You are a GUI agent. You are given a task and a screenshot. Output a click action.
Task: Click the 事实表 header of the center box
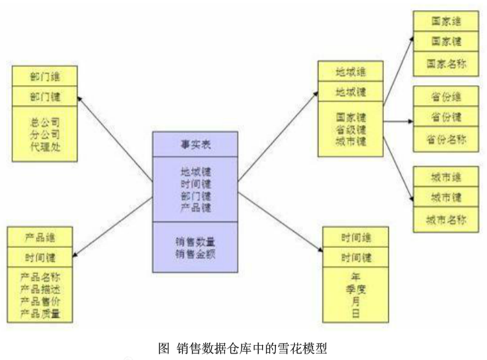(x=195, y=144)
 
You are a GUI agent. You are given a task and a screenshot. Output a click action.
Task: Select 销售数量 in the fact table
(x=195, y=242)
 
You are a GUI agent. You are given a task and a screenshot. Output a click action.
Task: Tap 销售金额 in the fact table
(x=195, y=253)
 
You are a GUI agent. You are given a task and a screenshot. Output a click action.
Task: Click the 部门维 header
(x=45, y=77)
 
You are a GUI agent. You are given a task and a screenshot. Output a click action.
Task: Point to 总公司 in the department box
(x=45, y=122)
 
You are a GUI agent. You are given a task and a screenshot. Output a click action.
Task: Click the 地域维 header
(x=351, y=72)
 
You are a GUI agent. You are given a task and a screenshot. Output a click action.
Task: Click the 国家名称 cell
(x=445, y=63)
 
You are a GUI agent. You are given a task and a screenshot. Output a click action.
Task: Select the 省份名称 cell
(x=445, y=138)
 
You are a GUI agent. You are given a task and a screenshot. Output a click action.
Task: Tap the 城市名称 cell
(x=445, y=219)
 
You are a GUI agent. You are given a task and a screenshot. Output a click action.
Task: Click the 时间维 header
(x=356, y=237)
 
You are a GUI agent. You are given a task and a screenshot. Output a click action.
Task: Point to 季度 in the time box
(x=356, y=290)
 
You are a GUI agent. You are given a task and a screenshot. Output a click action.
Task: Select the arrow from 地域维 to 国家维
(x=397, y=69)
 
